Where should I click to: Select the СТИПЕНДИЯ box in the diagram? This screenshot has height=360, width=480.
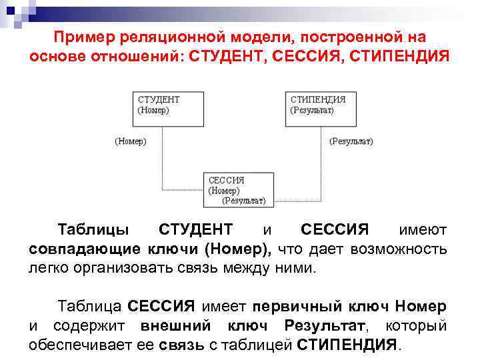(325, 108)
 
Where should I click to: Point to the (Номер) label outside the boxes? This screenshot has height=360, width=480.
(131, 141)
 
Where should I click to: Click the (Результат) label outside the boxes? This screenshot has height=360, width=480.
(351, 141)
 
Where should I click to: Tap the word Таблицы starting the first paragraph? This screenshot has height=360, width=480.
(93, 230)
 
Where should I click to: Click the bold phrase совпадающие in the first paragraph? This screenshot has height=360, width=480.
(81, 249)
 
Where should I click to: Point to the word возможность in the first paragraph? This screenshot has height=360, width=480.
(403, 249)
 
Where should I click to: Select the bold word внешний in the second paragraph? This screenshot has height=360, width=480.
(175, 326)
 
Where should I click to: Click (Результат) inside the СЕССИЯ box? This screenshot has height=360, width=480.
(243, 200)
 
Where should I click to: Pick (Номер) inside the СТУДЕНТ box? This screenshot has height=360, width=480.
(153, 111)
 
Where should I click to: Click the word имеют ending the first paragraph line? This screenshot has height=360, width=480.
(423, 230)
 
